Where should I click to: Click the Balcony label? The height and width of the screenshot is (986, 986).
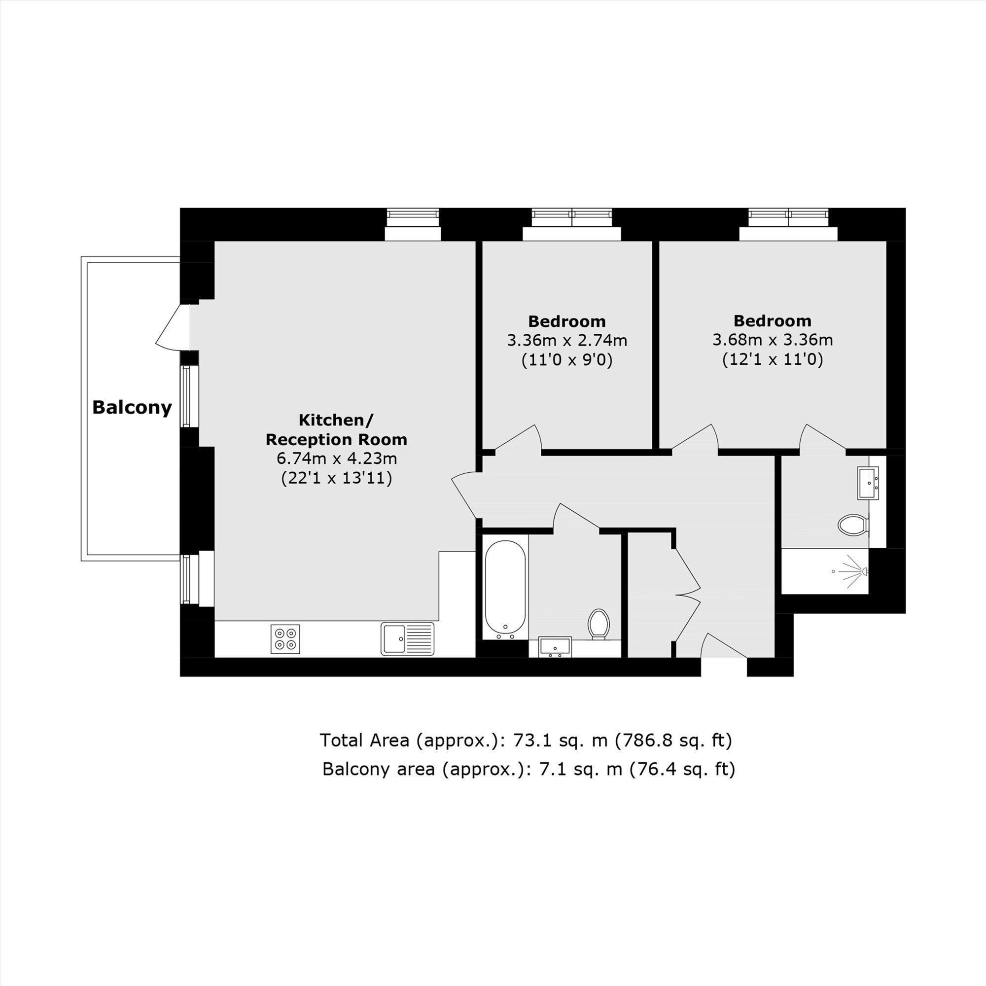click(132, 408)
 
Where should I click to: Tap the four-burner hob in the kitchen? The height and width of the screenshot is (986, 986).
click(285, 639)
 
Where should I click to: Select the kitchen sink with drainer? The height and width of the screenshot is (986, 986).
click(407, 638)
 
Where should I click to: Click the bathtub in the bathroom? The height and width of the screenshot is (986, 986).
click(505, 590)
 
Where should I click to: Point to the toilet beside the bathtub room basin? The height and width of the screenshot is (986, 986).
click(599, 624)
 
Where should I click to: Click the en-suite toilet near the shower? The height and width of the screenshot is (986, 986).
click(853, 525)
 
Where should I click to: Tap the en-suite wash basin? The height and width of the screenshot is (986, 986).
click(868, 483)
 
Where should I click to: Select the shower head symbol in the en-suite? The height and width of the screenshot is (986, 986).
click(854, 571)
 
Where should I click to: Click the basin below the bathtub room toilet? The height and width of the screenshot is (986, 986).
click(555, 647)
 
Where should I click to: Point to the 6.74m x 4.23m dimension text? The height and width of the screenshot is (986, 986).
click(337, 458)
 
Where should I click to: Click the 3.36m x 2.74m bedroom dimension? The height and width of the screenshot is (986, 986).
click(567, 340)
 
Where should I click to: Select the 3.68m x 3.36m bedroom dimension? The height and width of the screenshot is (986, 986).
click(773, 339)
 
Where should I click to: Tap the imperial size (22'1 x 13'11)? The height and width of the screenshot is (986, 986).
click(337, 478)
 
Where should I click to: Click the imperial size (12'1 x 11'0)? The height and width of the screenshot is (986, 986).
click(773, 360)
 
